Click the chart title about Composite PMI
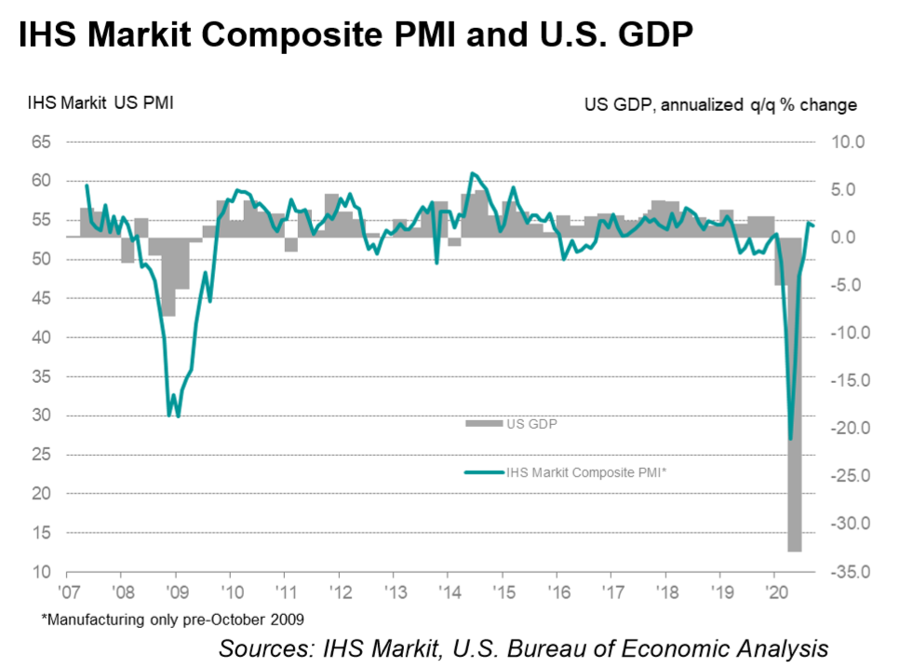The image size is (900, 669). [x=353, y=36]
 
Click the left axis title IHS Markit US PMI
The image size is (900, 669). [x=101, y=102]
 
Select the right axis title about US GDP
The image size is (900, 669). [x=720, y=104]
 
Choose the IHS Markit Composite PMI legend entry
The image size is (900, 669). [x=586, y=472]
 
